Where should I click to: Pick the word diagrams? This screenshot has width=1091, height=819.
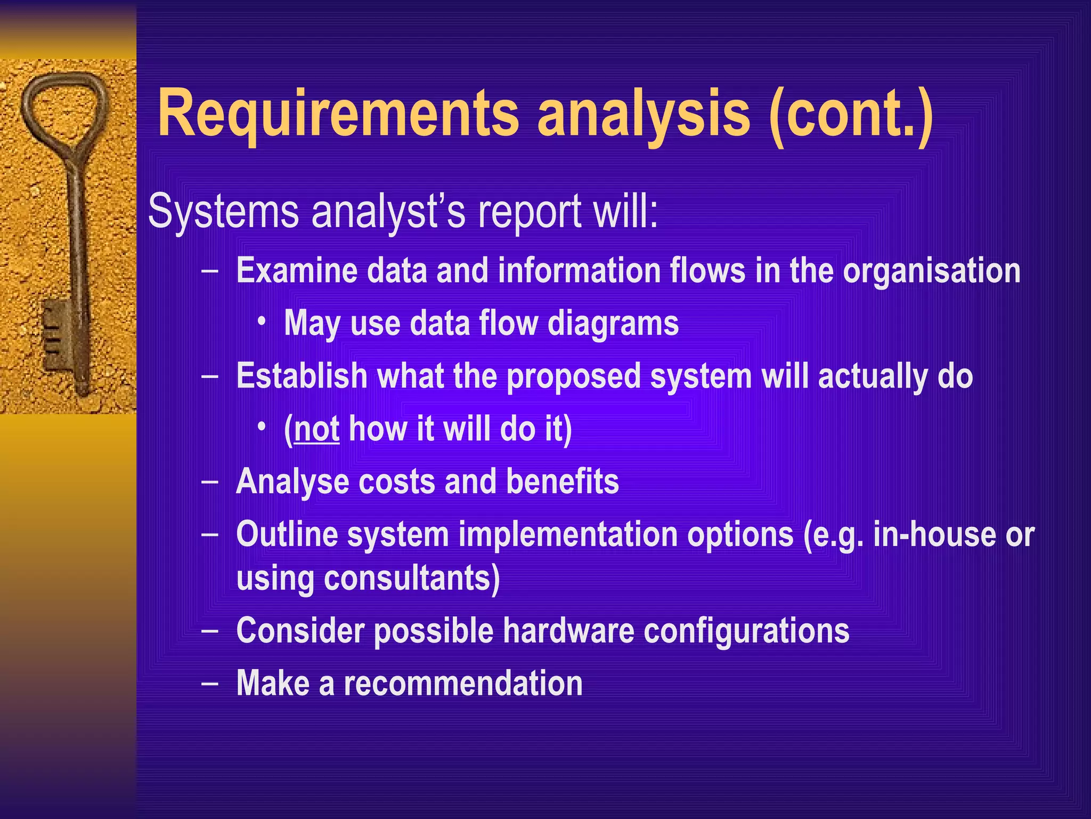point(613,324)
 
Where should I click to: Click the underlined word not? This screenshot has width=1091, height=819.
point(316,428)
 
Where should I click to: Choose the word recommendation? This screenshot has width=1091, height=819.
point(463,683)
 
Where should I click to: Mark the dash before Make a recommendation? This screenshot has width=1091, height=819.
point(210,683)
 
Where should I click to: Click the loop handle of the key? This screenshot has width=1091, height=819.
point(64,107)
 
